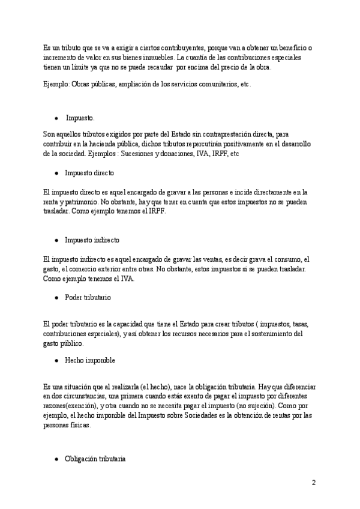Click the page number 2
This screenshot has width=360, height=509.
[313, 483]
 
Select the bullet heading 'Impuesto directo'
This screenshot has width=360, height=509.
[89, 172]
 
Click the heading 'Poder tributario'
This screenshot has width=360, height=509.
[88, 297]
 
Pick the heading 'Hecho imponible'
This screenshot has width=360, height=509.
[90, 361]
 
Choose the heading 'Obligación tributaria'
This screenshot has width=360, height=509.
[95, 459]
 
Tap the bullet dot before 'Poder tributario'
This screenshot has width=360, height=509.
[56, 298]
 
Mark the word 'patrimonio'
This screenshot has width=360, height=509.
[86, 202]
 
